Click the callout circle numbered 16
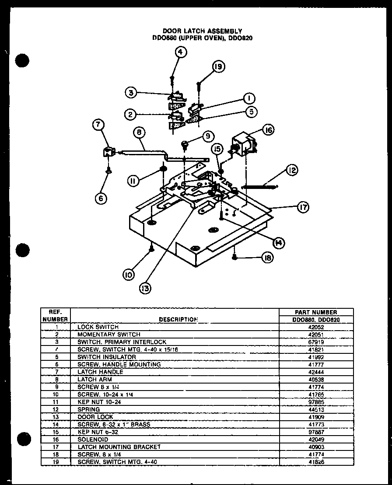268,129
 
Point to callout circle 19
218,67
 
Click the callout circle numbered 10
128,274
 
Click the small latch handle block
108,153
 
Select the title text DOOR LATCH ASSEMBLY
202,31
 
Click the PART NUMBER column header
316,312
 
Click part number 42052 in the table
316,327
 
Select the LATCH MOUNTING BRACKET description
119,447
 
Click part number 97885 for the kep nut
316,401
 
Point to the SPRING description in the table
89,409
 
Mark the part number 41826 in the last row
316,461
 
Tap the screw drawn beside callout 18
235,257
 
